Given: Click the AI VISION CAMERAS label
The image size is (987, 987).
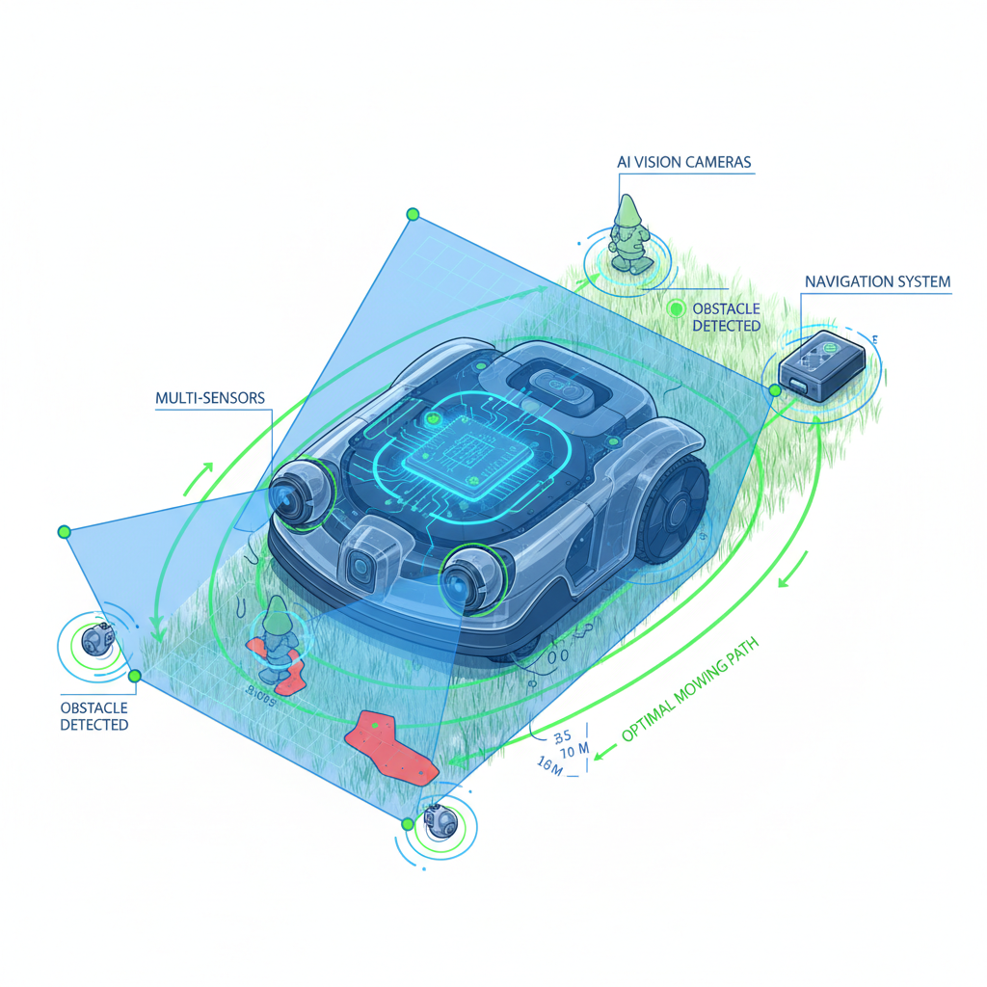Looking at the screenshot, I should [x=684, y=162].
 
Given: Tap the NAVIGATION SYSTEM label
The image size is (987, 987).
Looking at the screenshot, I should [x=877, y=282].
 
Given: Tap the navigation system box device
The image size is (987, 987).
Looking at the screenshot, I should [x=821, y=366].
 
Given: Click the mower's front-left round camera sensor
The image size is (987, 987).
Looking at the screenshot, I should [x=294, y=492].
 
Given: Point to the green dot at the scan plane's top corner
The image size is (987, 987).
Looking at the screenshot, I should [x=413, y=214].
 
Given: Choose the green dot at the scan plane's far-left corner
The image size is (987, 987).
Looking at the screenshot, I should [x=65, y=531].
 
